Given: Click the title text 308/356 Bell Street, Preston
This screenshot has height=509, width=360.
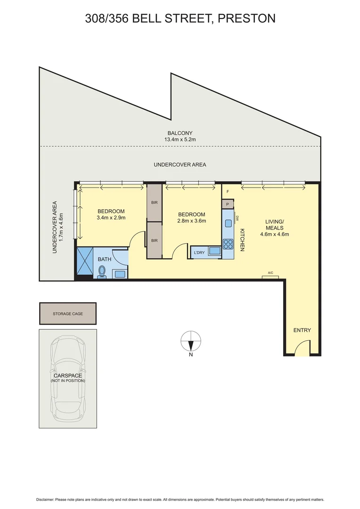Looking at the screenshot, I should tap(180, 18).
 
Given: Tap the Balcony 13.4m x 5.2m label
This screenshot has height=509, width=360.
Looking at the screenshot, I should tap(180, 136).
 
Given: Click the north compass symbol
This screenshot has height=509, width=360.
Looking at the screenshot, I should tap(191, 340).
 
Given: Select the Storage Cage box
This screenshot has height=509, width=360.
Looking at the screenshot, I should tap(67, 313).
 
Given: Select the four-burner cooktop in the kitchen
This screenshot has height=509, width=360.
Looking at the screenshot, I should tap(228, 244).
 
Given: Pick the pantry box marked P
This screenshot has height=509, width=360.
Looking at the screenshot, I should tap(228, 204).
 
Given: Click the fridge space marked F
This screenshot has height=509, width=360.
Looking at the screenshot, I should tap(228, 192).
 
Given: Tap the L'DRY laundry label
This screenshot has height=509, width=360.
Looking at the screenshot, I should tap(199, 253).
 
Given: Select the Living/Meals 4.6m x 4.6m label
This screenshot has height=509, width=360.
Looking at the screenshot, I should tap(274, 228).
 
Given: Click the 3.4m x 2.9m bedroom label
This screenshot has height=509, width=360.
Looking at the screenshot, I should tap(111, 214).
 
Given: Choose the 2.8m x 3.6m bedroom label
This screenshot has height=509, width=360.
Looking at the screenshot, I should tap(191, 217).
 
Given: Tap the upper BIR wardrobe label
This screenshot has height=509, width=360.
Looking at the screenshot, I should tap(154, 202).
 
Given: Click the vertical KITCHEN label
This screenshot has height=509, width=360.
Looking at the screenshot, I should tap(242, 240).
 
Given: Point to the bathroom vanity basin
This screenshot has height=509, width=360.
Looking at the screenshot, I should tap(119, 273).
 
